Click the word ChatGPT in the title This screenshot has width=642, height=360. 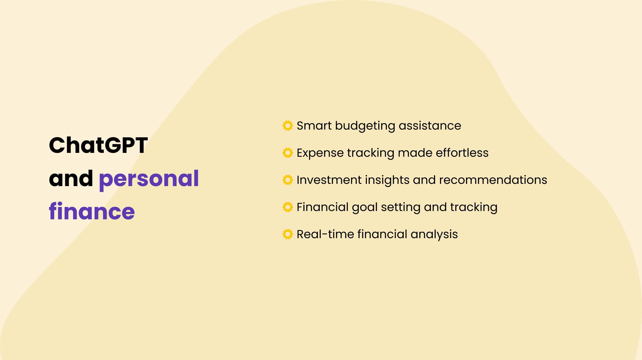(x=98, y=145)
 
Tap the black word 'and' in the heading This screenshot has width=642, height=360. (x=71, y=179)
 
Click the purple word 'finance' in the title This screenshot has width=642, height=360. (x=92, y=212)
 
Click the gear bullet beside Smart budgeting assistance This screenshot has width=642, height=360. (x=288, y=125)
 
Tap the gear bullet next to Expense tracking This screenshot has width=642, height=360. (x=288, y=153)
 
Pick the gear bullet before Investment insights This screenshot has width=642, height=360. (x=288, y=180)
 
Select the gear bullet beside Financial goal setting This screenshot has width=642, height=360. (x=288, y=207)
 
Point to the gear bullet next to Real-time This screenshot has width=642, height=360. (x=288, y=234)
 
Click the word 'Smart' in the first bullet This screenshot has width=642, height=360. (x=314, y=126)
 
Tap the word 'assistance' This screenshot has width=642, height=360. (x=430, y=126)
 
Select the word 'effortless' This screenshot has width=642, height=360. (x=462, y=153)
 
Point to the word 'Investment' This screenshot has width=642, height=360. (x=329, y=180)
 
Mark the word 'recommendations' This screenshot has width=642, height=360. (x=493, y=180)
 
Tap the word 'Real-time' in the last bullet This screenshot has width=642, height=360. (x=325, y=234)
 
